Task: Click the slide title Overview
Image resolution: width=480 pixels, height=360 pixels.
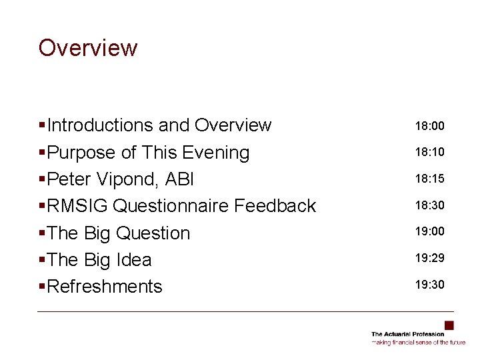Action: coord(88,48)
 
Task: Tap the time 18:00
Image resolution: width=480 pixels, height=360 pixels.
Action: coord(429,125)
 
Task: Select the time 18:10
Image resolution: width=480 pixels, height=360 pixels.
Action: coord(429,152)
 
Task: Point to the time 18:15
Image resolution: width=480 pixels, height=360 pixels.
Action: coord(429,179)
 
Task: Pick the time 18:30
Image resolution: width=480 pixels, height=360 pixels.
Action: coord(429,205)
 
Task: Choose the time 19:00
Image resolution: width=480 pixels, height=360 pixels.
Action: coord(429,231)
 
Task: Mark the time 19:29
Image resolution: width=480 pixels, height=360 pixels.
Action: coord(429,258)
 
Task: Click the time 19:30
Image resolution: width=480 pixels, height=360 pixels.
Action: coord(429,285)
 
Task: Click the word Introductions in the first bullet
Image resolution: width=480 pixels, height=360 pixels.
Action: coord(101,125)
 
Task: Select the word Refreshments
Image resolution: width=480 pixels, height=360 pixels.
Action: coord(105,286)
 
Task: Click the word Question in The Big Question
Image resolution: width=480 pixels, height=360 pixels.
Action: coord(153,233)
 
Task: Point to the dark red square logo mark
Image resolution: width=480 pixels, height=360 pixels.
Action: coord(449,325)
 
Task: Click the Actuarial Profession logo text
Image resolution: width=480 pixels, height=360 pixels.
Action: coord(407,334)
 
